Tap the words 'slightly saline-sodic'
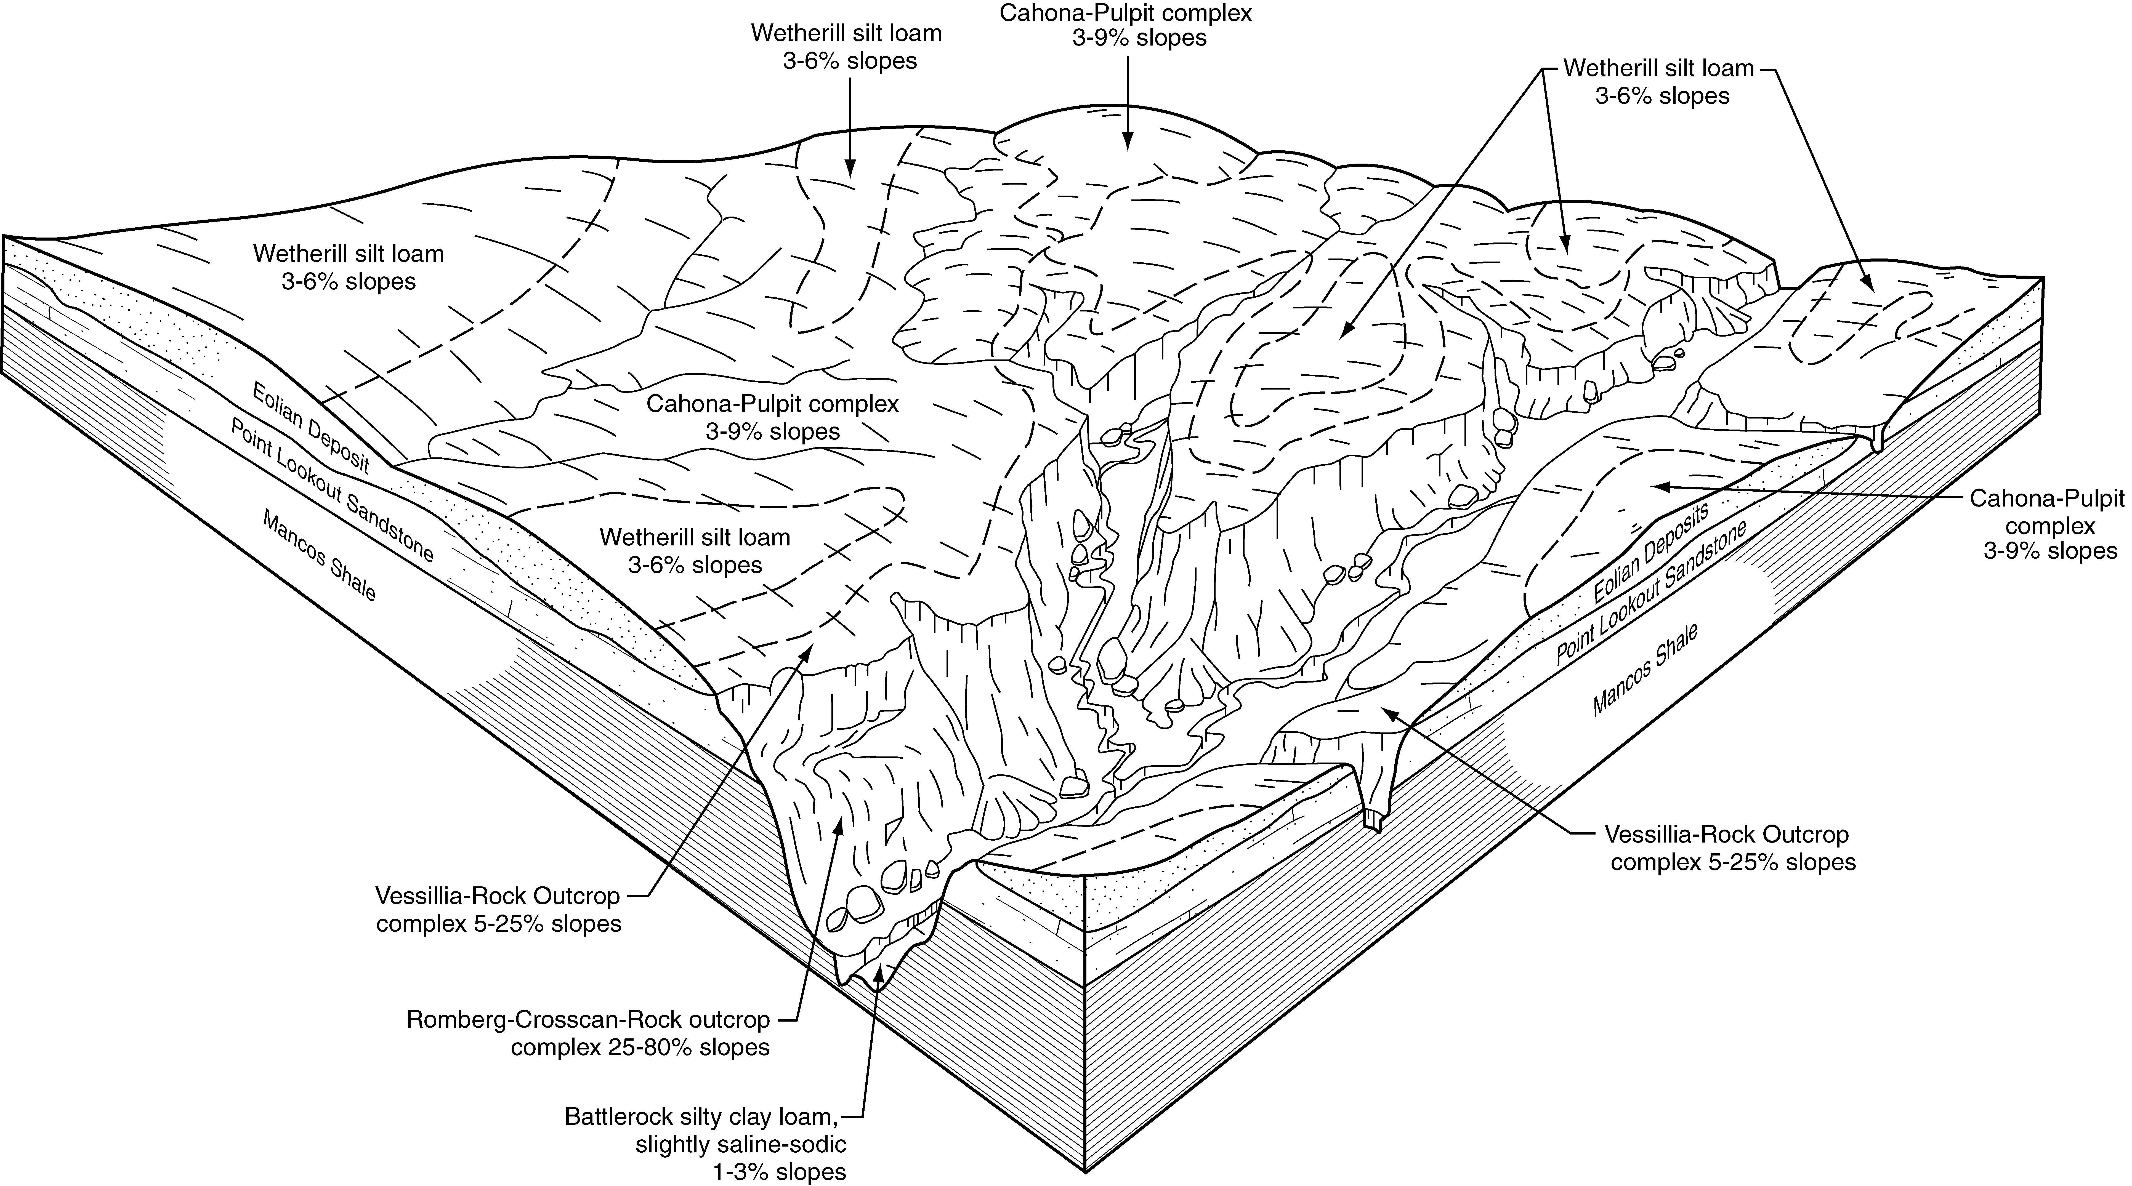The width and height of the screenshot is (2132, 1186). pos(741,1145)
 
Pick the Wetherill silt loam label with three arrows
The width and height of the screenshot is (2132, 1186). pos(1659,81)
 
